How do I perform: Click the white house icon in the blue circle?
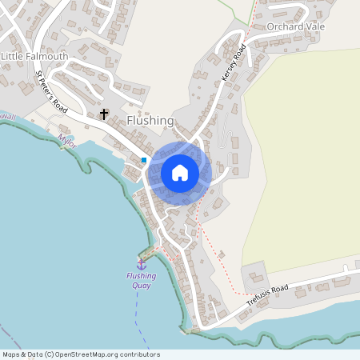180,173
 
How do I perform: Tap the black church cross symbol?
103,115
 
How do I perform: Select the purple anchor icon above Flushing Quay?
142,264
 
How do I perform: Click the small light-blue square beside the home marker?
144,160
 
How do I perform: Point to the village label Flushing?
150,121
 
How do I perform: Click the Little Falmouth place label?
34,57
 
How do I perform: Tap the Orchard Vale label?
295,26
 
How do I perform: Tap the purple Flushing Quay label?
142,281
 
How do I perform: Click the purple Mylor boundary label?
67,140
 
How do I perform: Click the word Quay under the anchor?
142,286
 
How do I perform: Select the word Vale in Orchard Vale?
314,26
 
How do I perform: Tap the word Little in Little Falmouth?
14,57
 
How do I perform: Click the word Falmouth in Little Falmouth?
46,57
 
